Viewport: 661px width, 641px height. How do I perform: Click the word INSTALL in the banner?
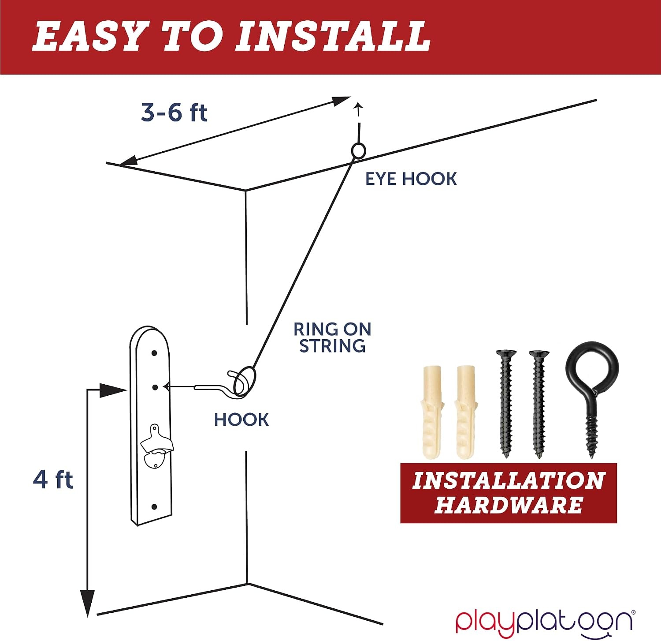[333, 36]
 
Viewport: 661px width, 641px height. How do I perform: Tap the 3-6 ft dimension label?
[174, 112]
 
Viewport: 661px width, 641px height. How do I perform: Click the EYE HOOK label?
[411, 179]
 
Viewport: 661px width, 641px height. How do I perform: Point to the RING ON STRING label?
[333, 337]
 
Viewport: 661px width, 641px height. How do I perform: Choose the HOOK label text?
[241, 420]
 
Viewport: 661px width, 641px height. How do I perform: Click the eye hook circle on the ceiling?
[359, 151]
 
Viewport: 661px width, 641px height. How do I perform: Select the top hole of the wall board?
[154, 353]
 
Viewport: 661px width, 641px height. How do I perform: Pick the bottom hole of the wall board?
[154, 507]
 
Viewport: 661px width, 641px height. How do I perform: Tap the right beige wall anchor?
[465, 412]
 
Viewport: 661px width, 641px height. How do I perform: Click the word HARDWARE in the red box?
[509, 505]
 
